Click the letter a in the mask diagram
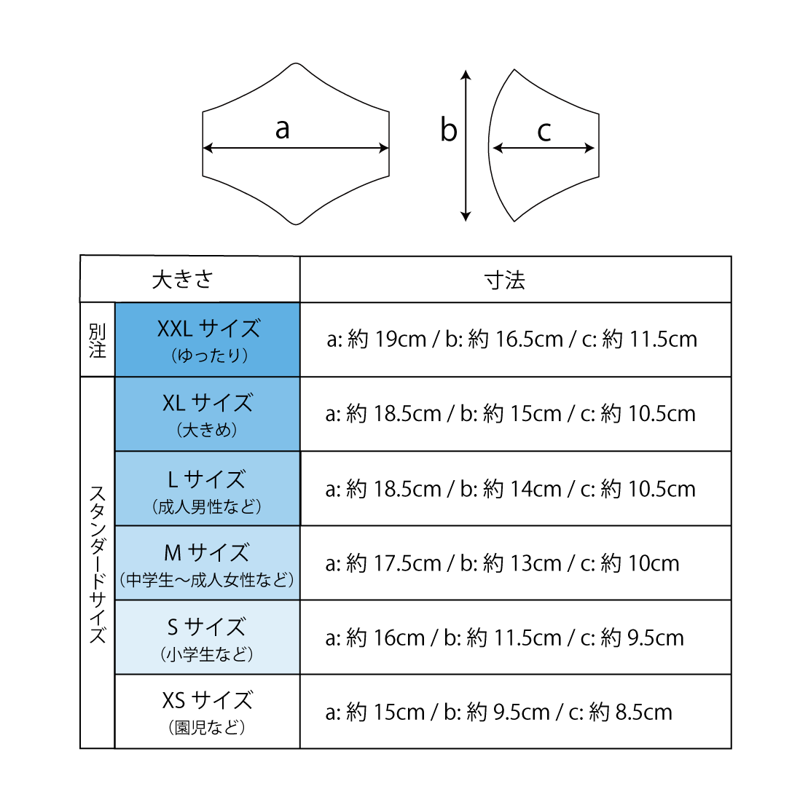tap(283, 130)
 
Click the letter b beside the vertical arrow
tap(449, 130)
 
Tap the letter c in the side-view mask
tap(544, 131)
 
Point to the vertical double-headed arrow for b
tap(466, 146)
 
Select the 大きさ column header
tap(183, 280)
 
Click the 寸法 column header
tap(505, 280)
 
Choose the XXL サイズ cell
tap(208, 340)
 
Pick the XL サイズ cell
tap(208, 414)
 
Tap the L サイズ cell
tap(208, 489)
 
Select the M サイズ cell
tap(208, 563)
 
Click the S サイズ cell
tap(208, 638)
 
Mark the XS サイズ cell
tap(208, 712)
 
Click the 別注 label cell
tap(98, 340)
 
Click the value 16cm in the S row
tap(399, 638)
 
